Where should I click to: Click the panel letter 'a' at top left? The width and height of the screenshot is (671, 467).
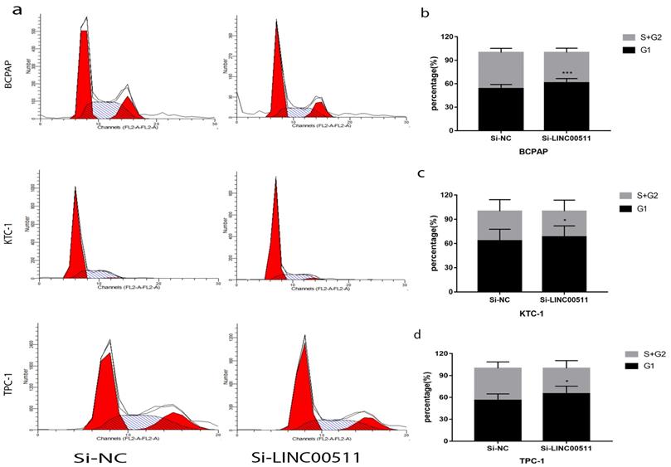click(x=7, y=9)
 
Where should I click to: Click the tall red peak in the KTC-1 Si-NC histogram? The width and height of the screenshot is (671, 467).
click(x=75, y=241)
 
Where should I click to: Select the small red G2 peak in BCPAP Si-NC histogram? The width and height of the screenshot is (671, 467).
click(x=129, y=108)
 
